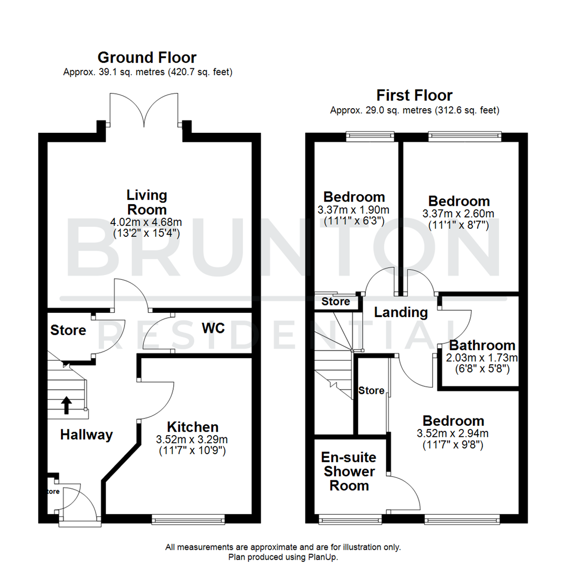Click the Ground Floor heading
147,57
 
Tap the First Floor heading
414,96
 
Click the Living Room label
147,203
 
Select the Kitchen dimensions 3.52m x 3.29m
193,439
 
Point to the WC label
213,328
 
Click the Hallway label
86,435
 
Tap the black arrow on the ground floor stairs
67,405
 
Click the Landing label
401,312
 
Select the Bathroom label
482,345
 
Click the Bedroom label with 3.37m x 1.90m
354,197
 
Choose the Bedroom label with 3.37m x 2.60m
459,201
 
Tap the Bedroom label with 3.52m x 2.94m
454,421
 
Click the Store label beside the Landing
335,302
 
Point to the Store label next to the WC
68,330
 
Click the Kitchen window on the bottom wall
188,520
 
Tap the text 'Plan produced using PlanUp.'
283,556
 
